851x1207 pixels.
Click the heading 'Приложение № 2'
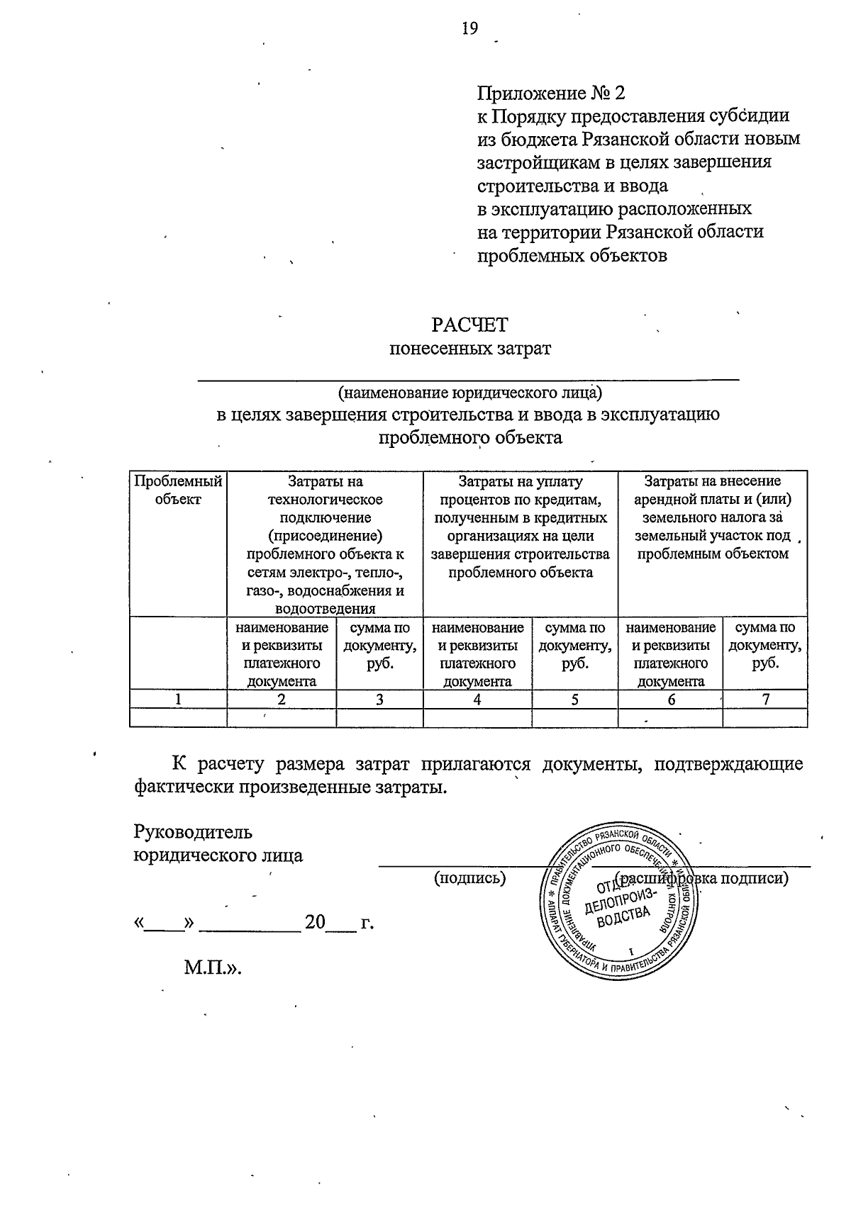pos(551,94)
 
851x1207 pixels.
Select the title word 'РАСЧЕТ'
pos(469,325)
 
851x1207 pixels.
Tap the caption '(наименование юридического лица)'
pos(469,391)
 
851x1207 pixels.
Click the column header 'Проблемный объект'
pos(178,490)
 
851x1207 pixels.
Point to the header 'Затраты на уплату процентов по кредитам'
pos(520,527)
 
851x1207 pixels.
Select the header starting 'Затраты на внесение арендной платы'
pos(712,517)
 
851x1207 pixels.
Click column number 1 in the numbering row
pos(178,699)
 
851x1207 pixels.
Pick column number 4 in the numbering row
pos(477,699)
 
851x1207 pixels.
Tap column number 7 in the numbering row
pos(765,699)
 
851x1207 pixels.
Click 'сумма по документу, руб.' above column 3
pos(379,646)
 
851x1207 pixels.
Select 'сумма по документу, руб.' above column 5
pos(574,646)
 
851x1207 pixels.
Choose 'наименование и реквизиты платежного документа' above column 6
pos(670,654)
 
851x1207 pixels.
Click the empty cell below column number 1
pos(178,718)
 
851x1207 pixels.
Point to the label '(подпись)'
pos(469,878)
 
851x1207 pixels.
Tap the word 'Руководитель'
pos(193,831)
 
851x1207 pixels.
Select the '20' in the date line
pos(314,923)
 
